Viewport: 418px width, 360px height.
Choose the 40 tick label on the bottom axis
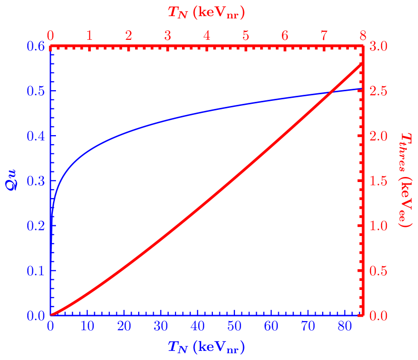[198, 326]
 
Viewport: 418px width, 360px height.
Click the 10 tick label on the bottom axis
[87, 326]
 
